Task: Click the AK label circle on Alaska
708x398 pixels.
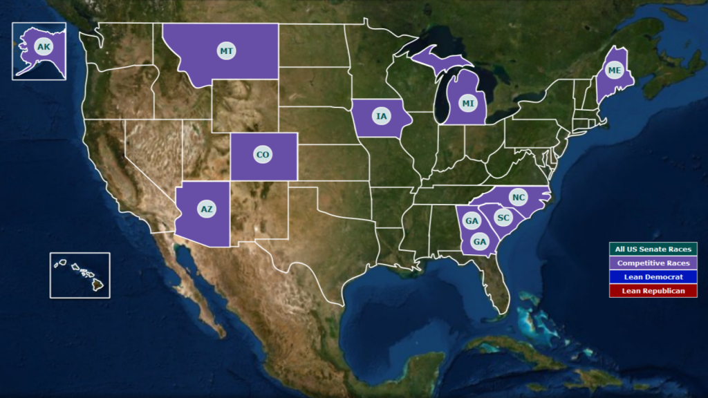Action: click(x=44, y=47)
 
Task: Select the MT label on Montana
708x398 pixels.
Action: click(x=226, y=51)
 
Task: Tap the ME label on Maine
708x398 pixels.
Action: click(x=614, y=70)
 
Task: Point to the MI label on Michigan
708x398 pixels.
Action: click(x=469, y=104)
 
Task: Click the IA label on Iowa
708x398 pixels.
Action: click(x=381, y=116)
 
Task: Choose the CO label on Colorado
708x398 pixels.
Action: click(x=263, y=155)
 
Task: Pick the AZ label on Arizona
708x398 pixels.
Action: click(x=206, y=208)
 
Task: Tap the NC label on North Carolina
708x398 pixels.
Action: click(x=519, y=198)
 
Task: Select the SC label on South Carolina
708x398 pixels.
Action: click(x=503, y=218)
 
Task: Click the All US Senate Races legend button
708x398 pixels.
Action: click(x=653, y=249)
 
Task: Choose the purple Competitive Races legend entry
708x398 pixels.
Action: click(x=653, y=263)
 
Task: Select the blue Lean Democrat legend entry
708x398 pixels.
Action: click(x=653, y=276)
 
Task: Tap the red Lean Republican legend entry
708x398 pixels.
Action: click(x=653, y=291)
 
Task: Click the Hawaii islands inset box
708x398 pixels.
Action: click(x=80, y=275)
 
